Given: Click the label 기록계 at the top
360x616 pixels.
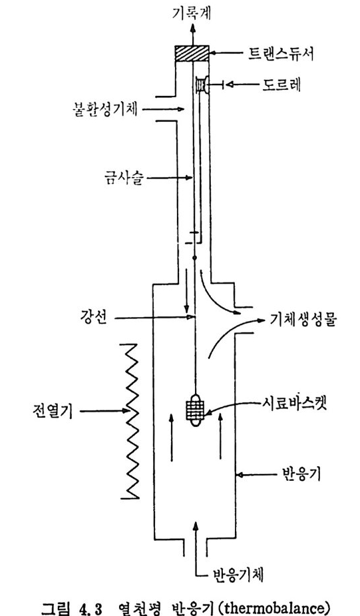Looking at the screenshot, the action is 192,13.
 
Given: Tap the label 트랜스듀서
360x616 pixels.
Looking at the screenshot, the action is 281,54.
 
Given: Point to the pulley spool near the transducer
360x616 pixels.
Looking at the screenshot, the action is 202,85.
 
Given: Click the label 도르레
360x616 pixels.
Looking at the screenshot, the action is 281,85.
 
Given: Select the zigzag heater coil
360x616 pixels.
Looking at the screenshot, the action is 132,421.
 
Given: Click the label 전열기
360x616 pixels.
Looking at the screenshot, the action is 53,412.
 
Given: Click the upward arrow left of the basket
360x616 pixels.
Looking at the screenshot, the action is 171,437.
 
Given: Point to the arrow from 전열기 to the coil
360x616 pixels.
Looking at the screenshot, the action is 105,412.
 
